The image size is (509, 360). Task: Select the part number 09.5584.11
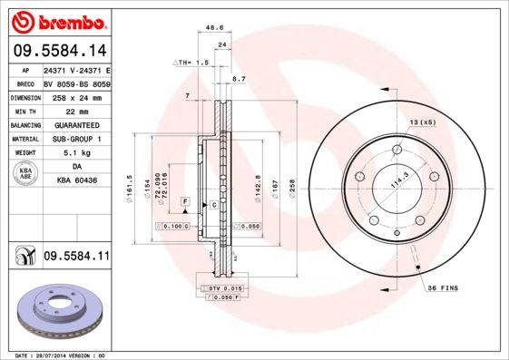click(x=76, y=258)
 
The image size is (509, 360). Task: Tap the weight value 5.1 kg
click(x=76, y=153)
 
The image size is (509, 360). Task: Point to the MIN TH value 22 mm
click(x=76, y=111)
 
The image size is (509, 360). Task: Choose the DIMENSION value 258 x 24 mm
click(x=76, y=97)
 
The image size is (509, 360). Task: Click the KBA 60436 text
click(x=76, y=181)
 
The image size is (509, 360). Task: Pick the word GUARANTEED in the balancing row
click(x=76, y=125)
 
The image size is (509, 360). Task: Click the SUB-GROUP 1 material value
click(x=76, y=139)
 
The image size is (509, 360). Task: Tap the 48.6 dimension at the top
click(x=214, y=28)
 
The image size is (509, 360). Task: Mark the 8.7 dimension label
click(x=240, y=81)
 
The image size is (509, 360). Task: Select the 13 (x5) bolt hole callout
click(x=422, y=122)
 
